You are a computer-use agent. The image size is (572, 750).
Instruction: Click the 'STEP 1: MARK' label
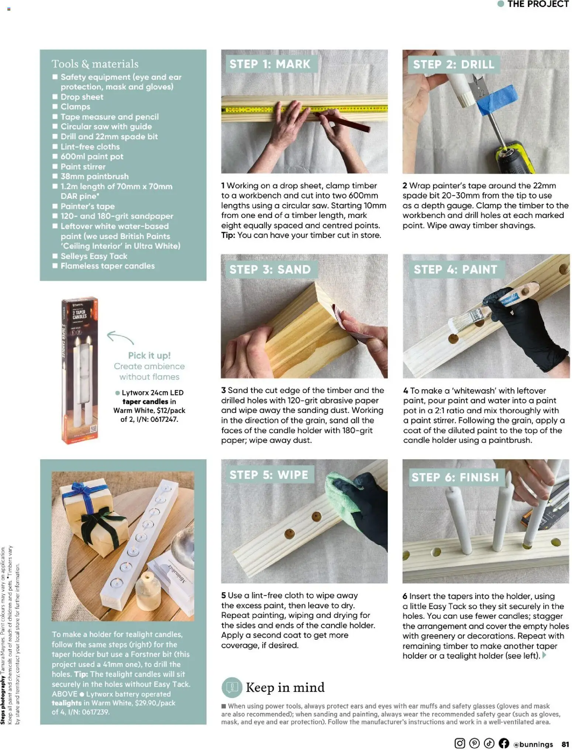(269, 64)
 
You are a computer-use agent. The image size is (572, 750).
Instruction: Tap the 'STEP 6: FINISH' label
(455, 477)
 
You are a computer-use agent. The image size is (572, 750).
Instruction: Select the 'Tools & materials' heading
(95, 64)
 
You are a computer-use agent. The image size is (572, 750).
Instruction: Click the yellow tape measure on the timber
(251, 110)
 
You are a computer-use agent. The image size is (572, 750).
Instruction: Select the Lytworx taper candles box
(80, 370)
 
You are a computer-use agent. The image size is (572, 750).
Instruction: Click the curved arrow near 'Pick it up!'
(120, 336)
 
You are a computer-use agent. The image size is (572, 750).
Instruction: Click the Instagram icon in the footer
(459, 743)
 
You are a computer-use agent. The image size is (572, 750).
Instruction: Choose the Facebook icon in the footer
(504, 743)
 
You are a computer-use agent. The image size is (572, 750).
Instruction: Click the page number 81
(565, 744)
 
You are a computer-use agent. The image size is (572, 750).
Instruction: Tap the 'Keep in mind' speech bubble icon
(232, 687)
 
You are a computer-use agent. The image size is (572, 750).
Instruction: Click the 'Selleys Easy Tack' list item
(94, 256)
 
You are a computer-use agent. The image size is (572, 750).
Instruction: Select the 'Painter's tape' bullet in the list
(87, 206)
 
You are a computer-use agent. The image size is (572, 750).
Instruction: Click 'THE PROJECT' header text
(538, 4)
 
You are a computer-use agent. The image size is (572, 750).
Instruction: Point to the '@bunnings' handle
(533, 744)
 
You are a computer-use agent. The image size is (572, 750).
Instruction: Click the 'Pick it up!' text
(149, 356)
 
